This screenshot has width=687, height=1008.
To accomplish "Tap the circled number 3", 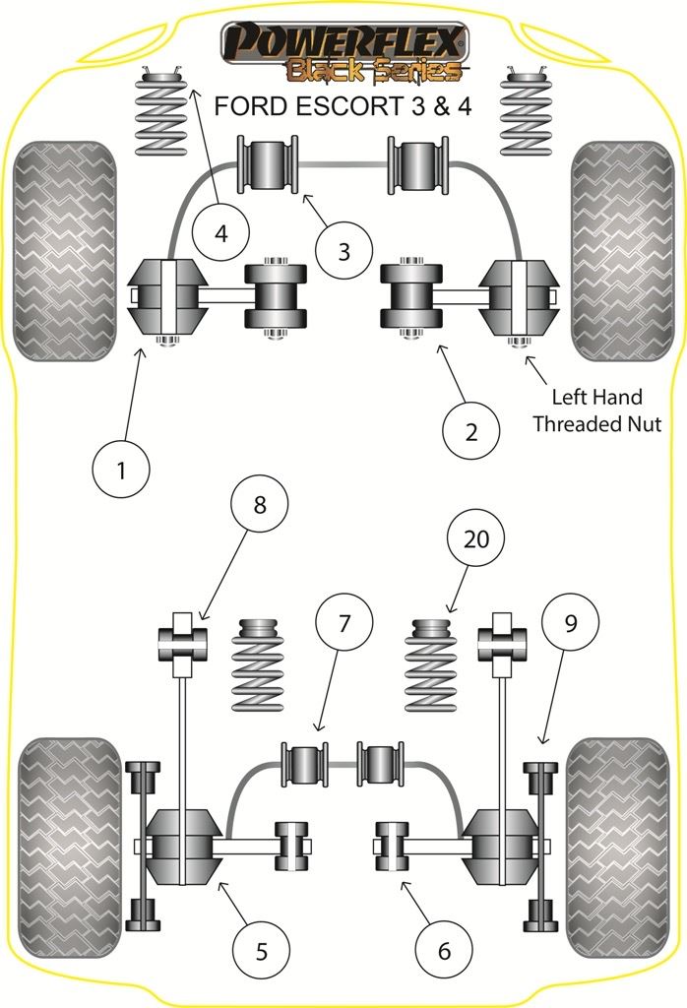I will [343, 251].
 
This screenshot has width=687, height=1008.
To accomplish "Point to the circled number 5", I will [261, 950].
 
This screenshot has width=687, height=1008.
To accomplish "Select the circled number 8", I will [259, 506].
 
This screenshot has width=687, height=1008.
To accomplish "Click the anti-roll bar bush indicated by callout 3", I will [269, 164].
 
